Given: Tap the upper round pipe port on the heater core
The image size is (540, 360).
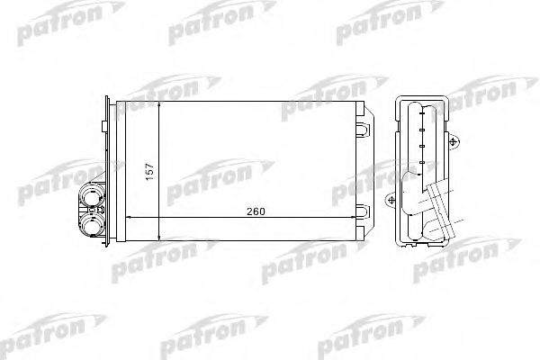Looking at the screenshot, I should click(x=92, y=195).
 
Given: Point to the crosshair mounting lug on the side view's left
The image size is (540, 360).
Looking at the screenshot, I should click(x=390, y=199).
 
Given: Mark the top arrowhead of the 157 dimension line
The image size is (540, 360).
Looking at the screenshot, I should click(x=158, y=105).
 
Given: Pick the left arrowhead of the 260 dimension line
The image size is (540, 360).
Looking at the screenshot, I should click(x=126, y=218).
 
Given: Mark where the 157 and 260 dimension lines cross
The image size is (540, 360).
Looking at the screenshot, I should click(x=158, y=218).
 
